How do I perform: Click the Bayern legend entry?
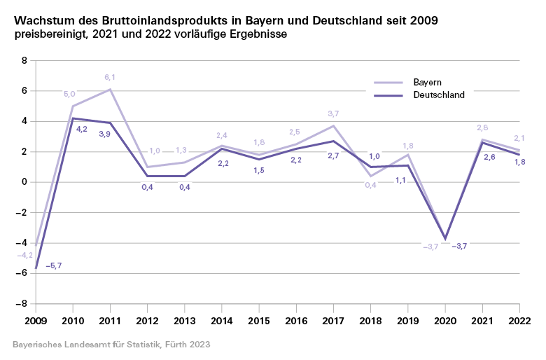(427, 82)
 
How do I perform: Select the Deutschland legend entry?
(439, 95)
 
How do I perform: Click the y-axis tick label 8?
(24, 61)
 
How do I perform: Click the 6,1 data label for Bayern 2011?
(110, 78)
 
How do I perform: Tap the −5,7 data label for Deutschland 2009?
(55, 266)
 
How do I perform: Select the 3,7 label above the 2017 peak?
(333, 113)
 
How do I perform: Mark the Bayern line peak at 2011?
(110, 90)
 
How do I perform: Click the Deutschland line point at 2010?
(73, 118)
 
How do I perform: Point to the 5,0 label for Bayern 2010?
(69, 94)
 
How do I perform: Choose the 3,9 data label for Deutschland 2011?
(104, 134)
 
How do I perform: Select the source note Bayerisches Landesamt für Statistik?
(111, 345)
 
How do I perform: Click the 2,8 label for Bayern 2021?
(482, 127)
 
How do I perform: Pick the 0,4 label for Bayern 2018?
(371, 185)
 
